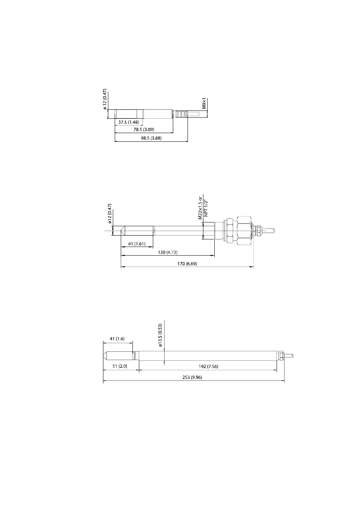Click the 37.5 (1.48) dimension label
tap(128, 122)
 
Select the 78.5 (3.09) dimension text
tap(144, 130)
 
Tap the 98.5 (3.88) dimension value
tap(151, 138)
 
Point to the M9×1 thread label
tap(204, 103)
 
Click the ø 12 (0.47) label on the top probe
tap(105, 99)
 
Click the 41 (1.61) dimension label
tap(137, 244)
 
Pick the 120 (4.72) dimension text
tap(168, 252)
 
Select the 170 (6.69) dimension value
tap(187, 264)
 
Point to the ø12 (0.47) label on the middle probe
tap(109, 214)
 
